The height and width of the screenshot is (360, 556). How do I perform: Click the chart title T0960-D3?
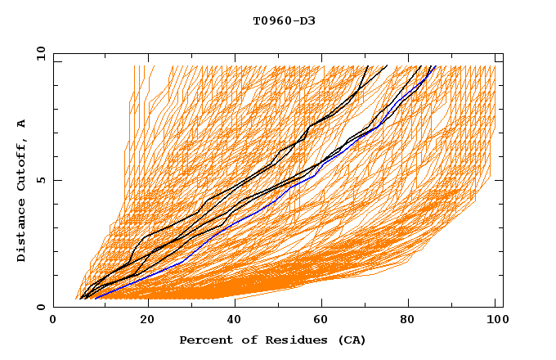284,20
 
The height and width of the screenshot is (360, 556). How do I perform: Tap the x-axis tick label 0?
53,320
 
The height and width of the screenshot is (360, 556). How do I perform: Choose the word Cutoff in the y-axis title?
22,160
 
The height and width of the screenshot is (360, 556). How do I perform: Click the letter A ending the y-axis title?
22,124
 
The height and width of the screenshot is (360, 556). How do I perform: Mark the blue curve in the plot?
245,219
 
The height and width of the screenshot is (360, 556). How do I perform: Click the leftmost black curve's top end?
368,66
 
